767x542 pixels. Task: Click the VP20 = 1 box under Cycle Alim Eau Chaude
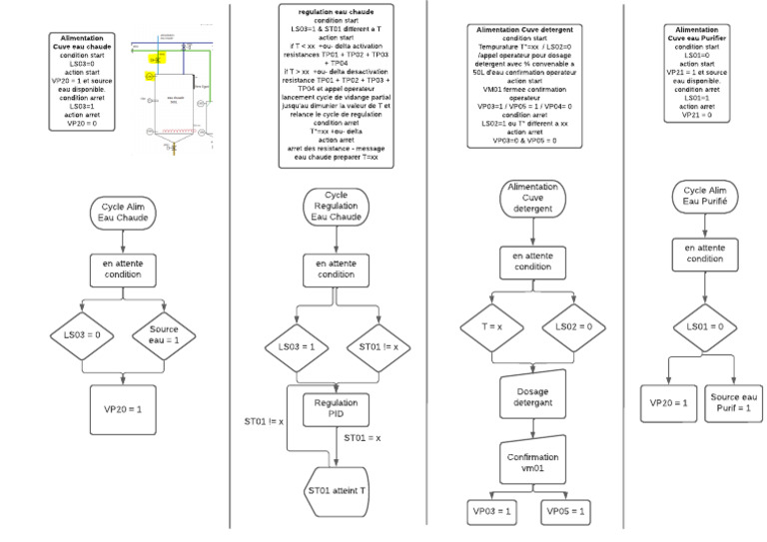(124, 408)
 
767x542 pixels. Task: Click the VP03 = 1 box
(492, 511)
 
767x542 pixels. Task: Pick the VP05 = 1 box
(565, 511)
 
